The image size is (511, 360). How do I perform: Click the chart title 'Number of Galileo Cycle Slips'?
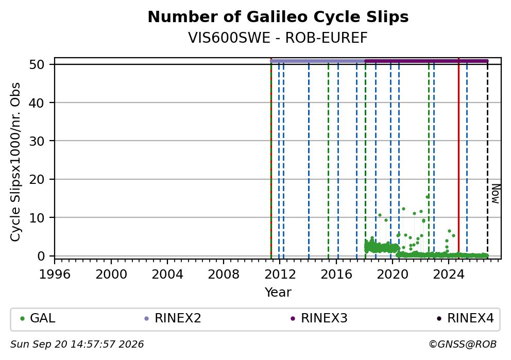tap(278, 17)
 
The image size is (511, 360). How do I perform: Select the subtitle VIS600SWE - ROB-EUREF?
tap(278, 38)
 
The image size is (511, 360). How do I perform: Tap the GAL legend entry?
tap(38, 318)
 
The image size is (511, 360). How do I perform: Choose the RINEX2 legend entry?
tap(173, 318)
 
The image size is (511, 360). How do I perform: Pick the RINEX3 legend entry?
tap(319, 318)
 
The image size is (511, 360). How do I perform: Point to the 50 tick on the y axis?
tap(37, 64)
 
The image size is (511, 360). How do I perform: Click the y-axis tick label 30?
tap(37, 141)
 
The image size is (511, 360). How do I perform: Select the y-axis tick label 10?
tap(37, 218)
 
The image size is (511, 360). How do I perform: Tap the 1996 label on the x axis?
tap(55, 275)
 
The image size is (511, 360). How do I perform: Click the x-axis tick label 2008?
tap(223, 275)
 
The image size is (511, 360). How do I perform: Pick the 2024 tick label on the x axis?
tap(449, 275)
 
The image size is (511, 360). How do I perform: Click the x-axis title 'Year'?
tap(278, 292)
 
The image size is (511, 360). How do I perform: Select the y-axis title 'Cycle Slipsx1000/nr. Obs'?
tap(15, 162)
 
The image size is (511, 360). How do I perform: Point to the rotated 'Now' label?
tap(496, 194)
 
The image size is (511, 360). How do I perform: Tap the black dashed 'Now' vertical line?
tap(487, 160)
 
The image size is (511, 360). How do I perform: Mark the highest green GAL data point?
tap(427, 197)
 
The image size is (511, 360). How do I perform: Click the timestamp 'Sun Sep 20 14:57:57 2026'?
tap(77, 345)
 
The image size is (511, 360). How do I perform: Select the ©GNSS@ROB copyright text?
tap(463, 345)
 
